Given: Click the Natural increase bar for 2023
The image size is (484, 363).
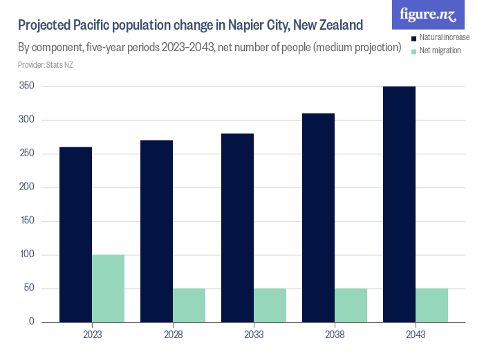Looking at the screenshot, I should [75, 234].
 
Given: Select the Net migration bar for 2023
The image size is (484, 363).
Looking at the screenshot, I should [108, 288].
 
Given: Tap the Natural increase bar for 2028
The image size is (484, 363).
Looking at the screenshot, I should [156, 231].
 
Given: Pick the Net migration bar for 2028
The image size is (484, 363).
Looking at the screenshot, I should [189, 305].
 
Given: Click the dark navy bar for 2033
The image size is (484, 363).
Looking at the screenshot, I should [237, 227].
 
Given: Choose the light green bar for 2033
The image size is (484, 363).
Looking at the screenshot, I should [270, 305].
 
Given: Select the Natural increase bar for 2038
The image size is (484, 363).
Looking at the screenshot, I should [318, 218].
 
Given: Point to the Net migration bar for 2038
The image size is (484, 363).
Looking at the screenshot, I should [351, 305].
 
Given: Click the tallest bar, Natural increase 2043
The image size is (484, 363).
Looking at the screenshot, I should [399, 204].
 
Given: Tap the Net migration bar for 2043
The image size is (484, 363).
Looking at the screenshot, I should [431, 305].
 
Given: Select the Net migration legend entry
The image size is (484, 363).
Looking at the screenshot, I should [440, 51].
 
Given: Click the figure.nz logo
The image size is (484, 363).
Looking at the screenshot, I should [428, 15].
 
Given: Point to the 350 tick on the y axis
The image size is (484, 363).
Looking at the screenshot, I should [27, 86].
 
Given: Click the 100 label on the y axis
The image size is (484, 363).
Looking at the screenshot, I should [27, 254].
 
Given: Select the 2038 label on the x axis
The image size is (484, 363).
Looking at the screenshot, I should [335, 335].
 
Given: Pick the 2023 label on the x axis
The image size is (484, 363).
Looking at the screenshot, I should [92, 335].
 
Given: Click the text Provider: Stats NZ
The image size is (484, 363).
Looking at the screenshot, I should [46, 65].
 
